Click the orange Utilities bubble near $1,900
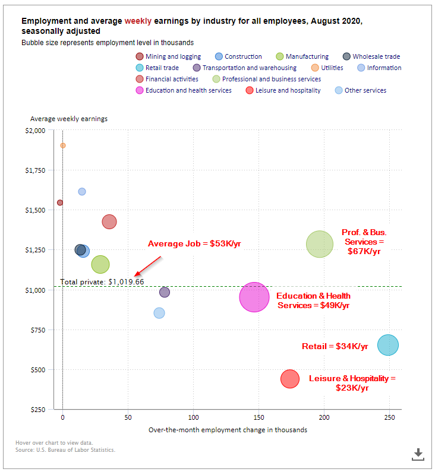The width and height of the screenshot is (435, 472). click(63, 145)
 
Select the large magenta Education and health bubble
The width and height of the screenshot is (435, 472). click(254, 297)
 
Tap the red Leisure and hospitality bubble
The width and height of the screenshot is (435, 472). click(289, 378)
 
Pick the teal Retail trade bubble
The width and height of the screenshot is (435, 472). click(388, 345)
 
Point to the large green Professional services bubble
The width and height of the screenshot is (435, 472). click(320, 244)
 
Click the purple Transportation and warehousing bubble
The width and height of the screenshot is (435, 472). click(165, 292)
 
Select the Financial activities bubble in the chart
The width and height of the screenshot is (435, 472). click(109, 221)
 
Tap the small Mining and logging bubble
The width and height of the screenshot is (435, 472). click(59, 202)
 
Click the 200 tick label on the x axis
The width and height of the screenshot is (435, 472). click(324, 418)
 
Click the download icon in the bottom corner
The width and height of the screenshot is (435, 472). click(418, 454)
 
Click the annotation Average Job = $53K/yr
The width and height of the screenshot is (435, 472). click(194, 243)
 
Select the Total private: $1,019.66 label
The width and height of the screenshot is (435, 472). click(102, 281)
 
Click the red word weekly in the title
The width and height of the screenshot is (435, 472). click(138, 21)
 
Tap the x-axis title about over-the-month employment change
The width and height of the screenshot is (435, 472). click(228, 430)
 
